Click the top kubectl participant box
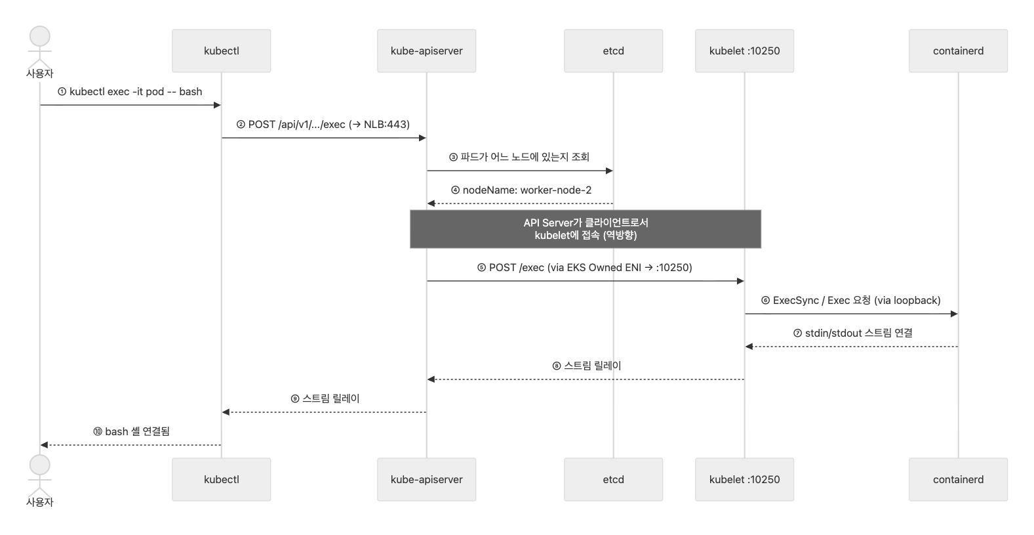click(x=221, y=51)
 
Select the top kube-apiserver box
click(x=426, y=51)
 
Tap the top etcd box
click(x=613, y=51)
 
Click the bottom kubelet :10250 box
click(x=744, y=479)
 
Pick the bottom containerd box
click(x=958, y=479)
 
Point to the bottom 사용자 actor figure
click(x=39, y=476)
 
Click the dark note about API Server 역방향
click(x=585, y=229)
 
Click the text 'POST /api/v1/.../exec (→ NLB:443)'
click(x=323, y=125)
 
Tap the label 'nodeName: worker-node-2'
click(x=521, y=190)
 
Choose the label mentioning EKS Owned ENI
click(x=585, y=268)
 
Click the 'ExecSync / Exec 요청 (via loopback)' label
click(x=850, y=301)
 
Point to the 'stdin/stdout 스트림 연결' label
click(x=852, y=333)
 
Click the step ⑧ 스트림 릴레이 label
click(x=587, y=366)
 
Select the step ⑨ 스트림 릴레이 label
click(x=325, y=399)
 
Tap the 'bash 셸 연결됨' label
click(x=131, y=432)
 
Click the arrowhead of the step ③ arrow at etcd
click(x=609, y=171)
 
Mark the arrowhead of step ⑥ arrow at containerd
click(x=954, y=314)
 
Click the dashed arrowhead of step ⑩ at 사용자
click(x=45, y=445)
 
